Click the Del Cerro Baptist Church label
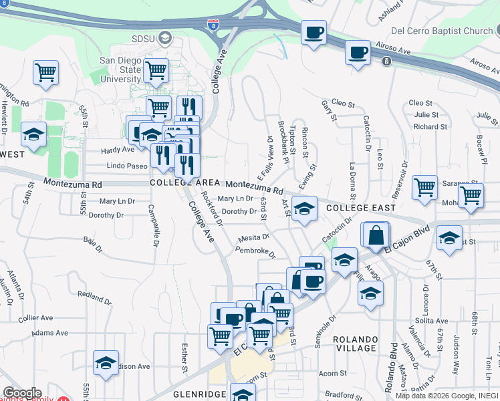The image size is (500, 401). point(441,31)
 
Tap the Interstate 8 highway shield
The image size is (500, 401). point(212,26)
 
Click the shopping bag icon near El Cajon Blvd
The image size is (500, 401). point(376,236)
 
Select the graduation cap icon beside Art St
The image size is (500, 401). point(304,210)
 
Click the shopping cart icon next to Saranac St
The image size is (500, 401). point(424,188)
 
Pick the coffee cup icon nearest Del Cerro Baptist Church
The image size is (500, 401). point(358,52)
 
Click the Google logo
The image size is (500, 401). point(22,392)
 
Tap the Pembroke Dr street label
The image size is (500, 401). point(255,252)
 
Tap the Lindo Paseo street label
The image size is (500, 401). point(126,165)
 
